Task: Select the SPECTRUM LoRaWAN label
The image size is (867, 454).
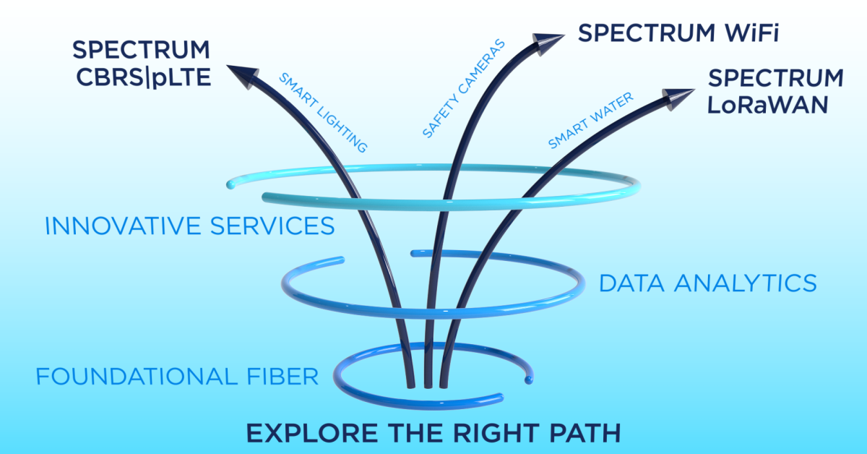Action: [775, 90]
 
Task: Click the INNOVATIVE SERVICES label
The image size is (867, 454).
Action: [189, 226]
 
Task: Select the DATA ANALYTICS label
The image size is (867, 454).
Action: [708, 283]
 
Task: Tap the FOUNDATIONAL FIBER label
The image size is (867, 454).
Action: [177, 377]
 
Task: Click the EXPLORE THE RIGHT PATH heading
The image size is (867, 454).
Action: [433, 433]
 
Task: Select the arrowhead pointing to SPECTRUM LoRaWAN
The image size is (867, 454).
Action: [676, 98]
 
